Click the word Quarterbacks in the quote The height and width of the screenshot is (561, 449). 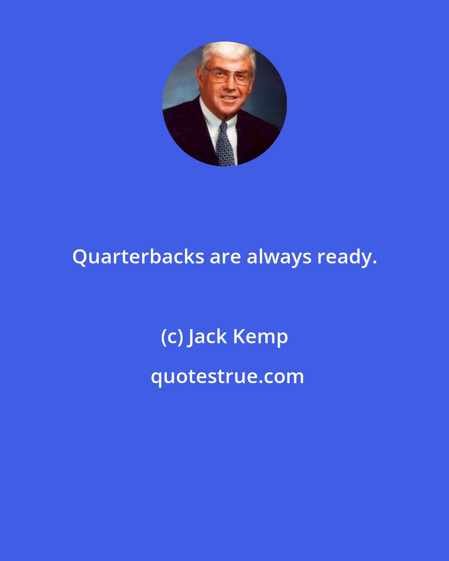[x=138, y=257]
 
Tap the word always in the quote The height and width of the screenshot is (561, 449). [x=279, y=257]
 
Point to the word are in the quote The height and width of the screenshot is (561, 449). [x=225, y=257]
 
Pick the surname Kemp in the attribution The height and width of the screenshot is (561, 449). [x=260, y=337]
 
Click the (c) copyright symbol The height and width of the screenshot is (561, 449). [x=171, y=337]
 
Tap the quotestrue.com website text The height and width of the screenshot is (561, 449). [x=227, y=376]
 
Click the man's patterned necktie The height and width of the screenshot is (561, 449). [x=225, y=148]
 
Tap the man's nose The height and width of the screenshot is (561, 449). [x=229, y=85]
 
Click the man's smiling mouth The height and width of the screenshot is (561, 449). [x=229, y=97]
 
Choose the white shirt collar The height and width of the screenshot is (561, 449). [x=210, y=118]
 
